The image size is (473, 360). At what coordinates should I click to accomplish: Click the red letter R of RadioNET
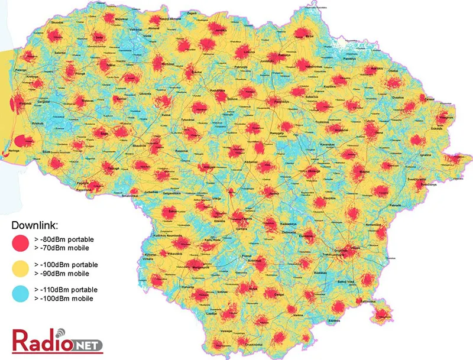click(20, 341)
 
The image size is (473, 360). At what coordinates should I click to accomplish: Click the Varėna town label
click(298, 314)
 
